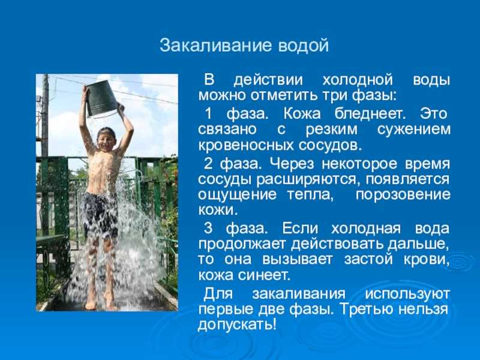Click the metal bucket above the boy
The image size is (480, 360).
coord(101,98)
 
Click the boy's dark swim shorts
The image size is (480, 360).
coord(100,214)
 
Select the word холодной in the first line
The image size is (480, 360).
coord(358,80)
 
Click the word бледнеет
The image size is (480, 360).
coord(370,113)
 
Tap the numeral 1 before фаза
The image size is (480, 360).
coord(208,114)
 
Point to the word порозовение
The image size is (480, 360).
coord(403,194)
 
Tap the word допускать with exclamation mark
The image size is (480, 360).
coord(237,324)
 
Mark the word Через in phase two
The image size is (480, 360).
coord(292,164)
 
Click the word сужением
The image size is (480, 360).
coord(414,129)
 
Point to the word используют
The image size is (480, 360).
coord(407,294)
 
